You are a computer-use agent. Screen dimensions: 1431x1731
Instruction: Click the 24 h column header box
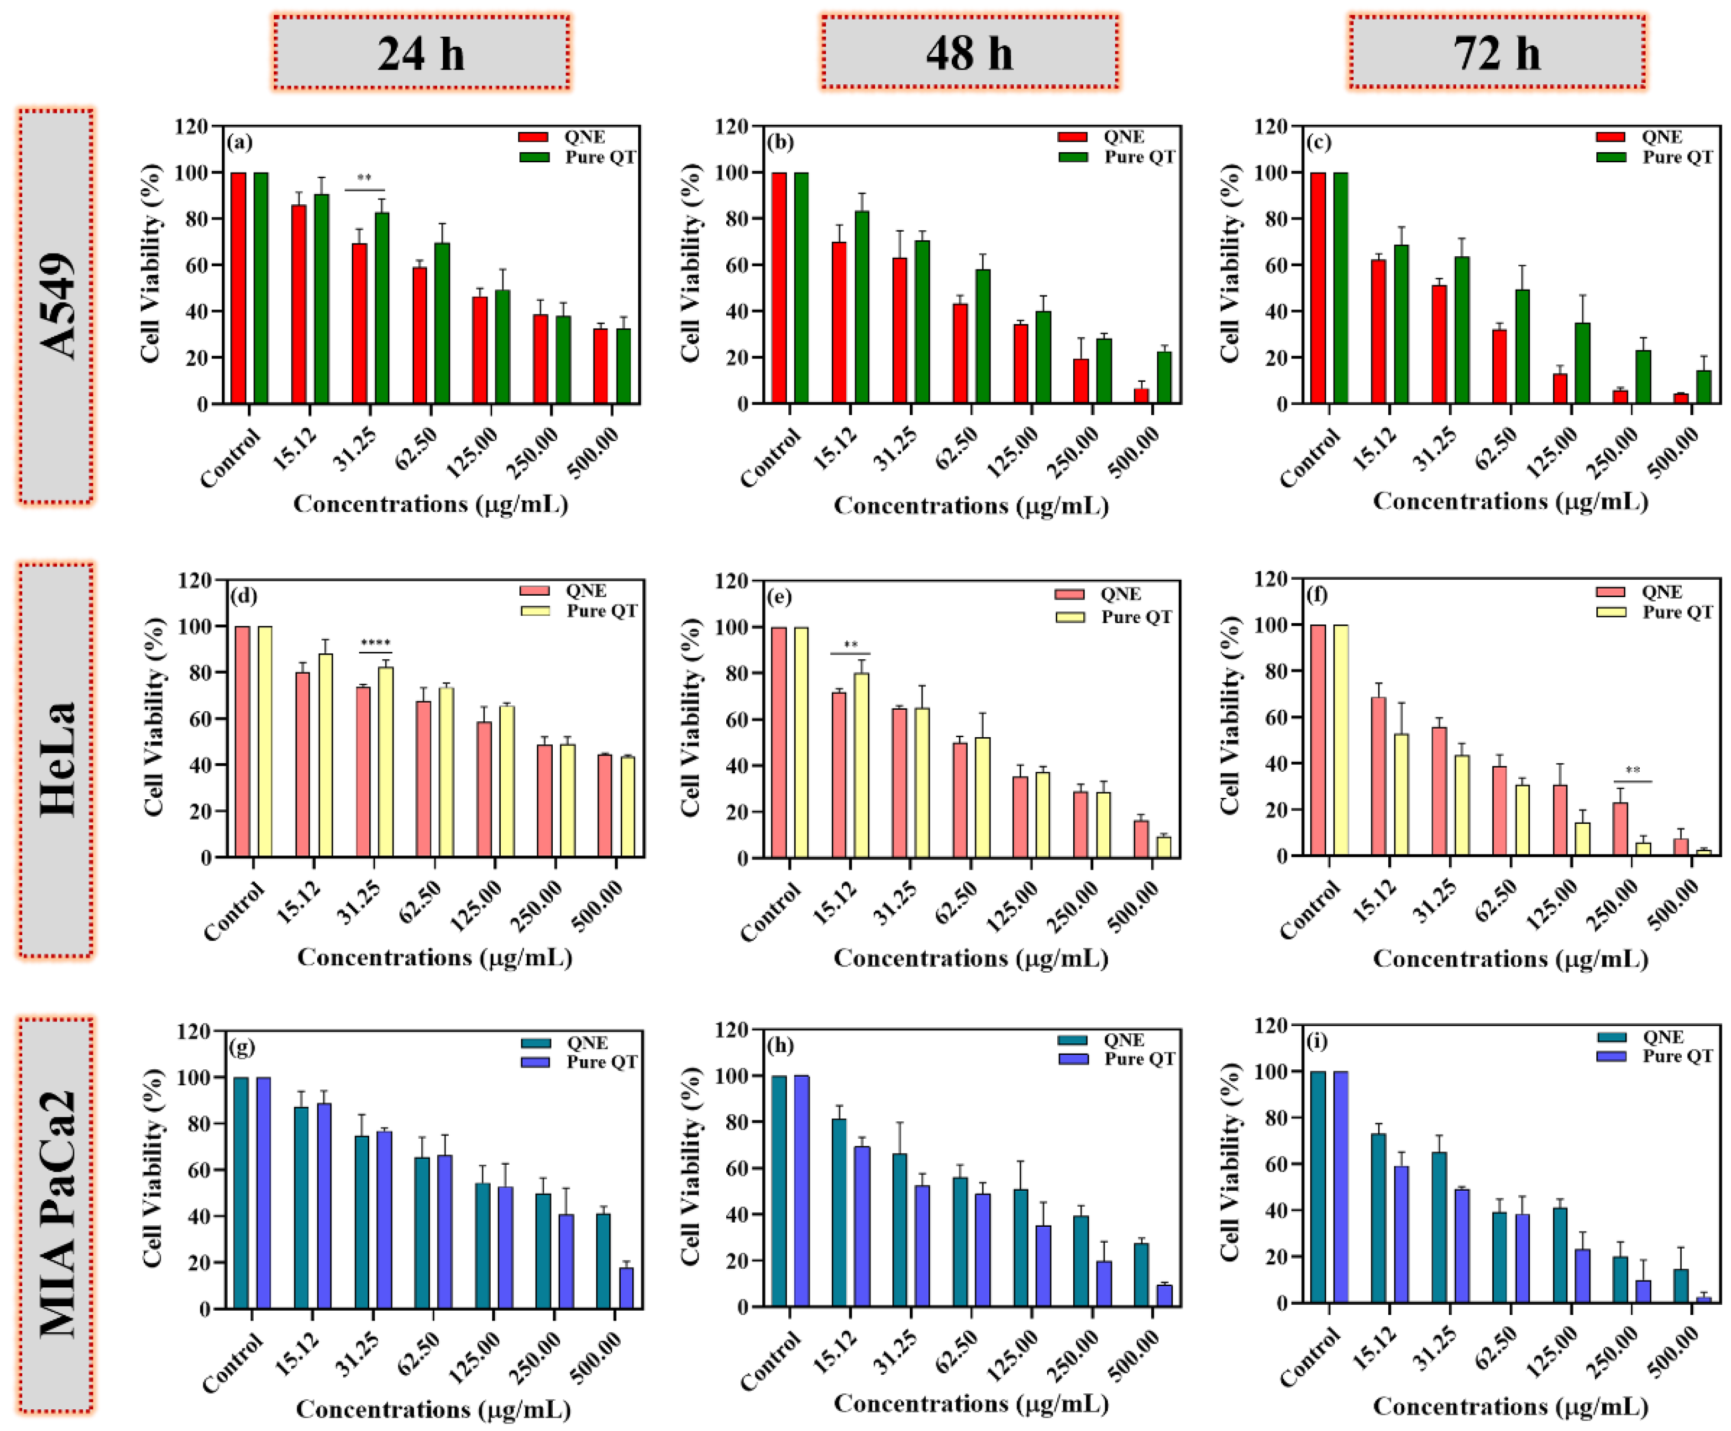click(x=421, y=52)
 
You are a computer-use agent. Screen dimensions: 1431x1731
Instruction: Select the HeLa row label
click(x=56, y=759)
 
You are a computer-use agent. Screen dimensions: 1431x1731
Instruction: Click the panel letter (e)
click(x=780, y=596)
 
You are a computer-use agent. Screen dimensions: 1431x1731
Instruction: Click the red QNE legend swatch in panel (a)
click(x=533, y=137)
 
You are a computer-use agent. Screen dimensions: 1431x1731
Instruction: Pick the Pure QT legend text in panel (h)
click(x=1140, y=1059)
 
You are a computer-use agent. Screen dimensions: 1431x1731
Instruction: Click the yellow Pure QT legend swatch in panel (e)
click(x=1070, y=617)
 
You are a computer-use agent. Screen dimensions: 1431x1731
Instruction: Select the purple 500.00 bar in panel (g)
click(x=627, y=1288)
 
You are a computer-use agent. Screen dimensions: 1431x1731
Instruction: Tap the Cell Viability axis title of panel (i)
click(x=1230, y=1162)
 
